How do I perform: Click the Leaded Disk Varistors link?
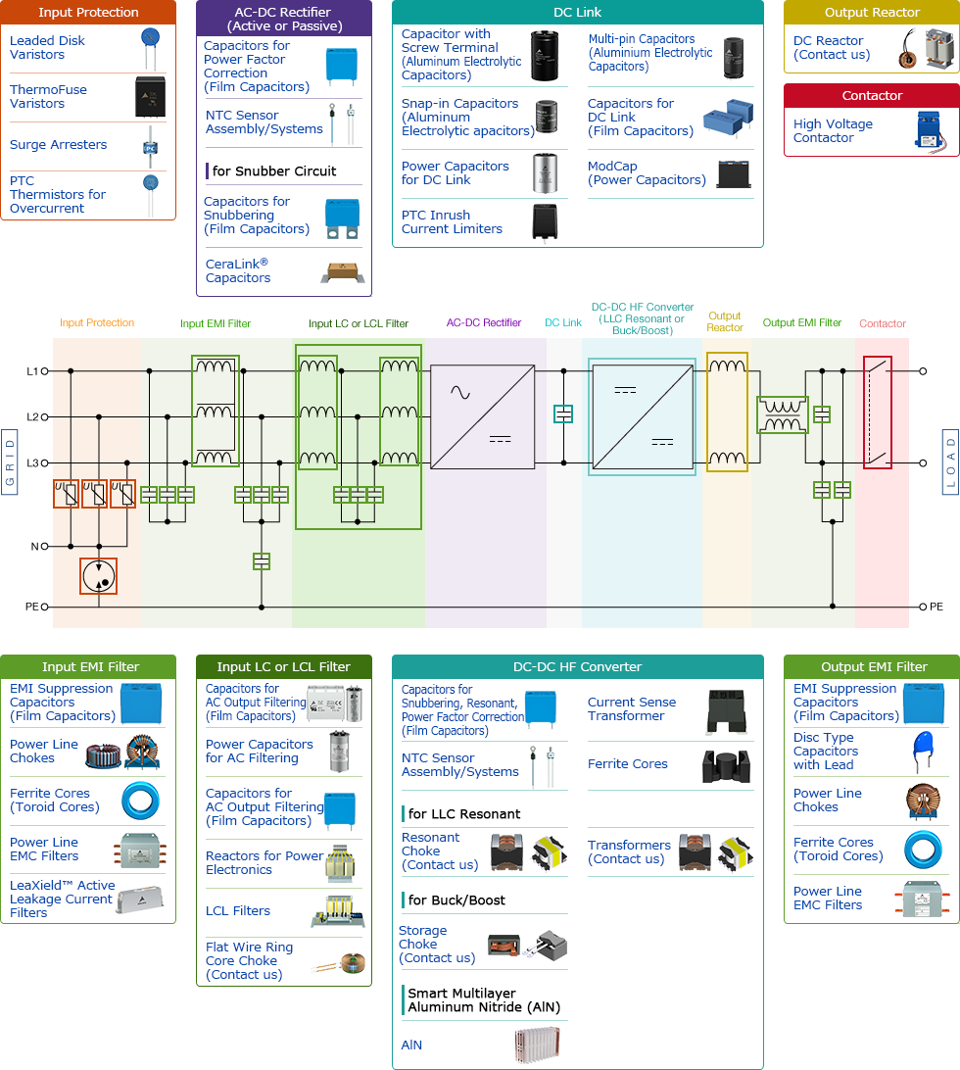47,48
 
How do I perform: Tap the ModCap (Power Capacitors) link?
632,173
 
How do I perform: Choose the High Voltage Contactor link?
832,130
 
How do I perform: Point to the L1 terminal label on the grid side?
32,371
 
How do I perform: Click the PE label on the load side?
936,607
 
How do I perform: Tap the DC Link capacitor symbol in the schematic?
563,414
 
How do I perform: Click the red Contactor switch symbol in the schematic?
878,413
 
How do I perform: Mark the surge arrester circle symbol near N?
98,576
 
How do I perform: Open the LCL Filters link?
238,911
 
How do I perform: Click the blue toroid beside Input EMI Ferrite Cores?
140,801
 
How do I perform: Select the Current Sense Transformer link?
631,709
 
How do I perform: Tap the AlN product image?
537,1045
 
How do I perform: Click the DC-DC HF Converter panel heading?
577,667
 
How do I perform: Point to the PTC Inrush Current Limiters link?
452,222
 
